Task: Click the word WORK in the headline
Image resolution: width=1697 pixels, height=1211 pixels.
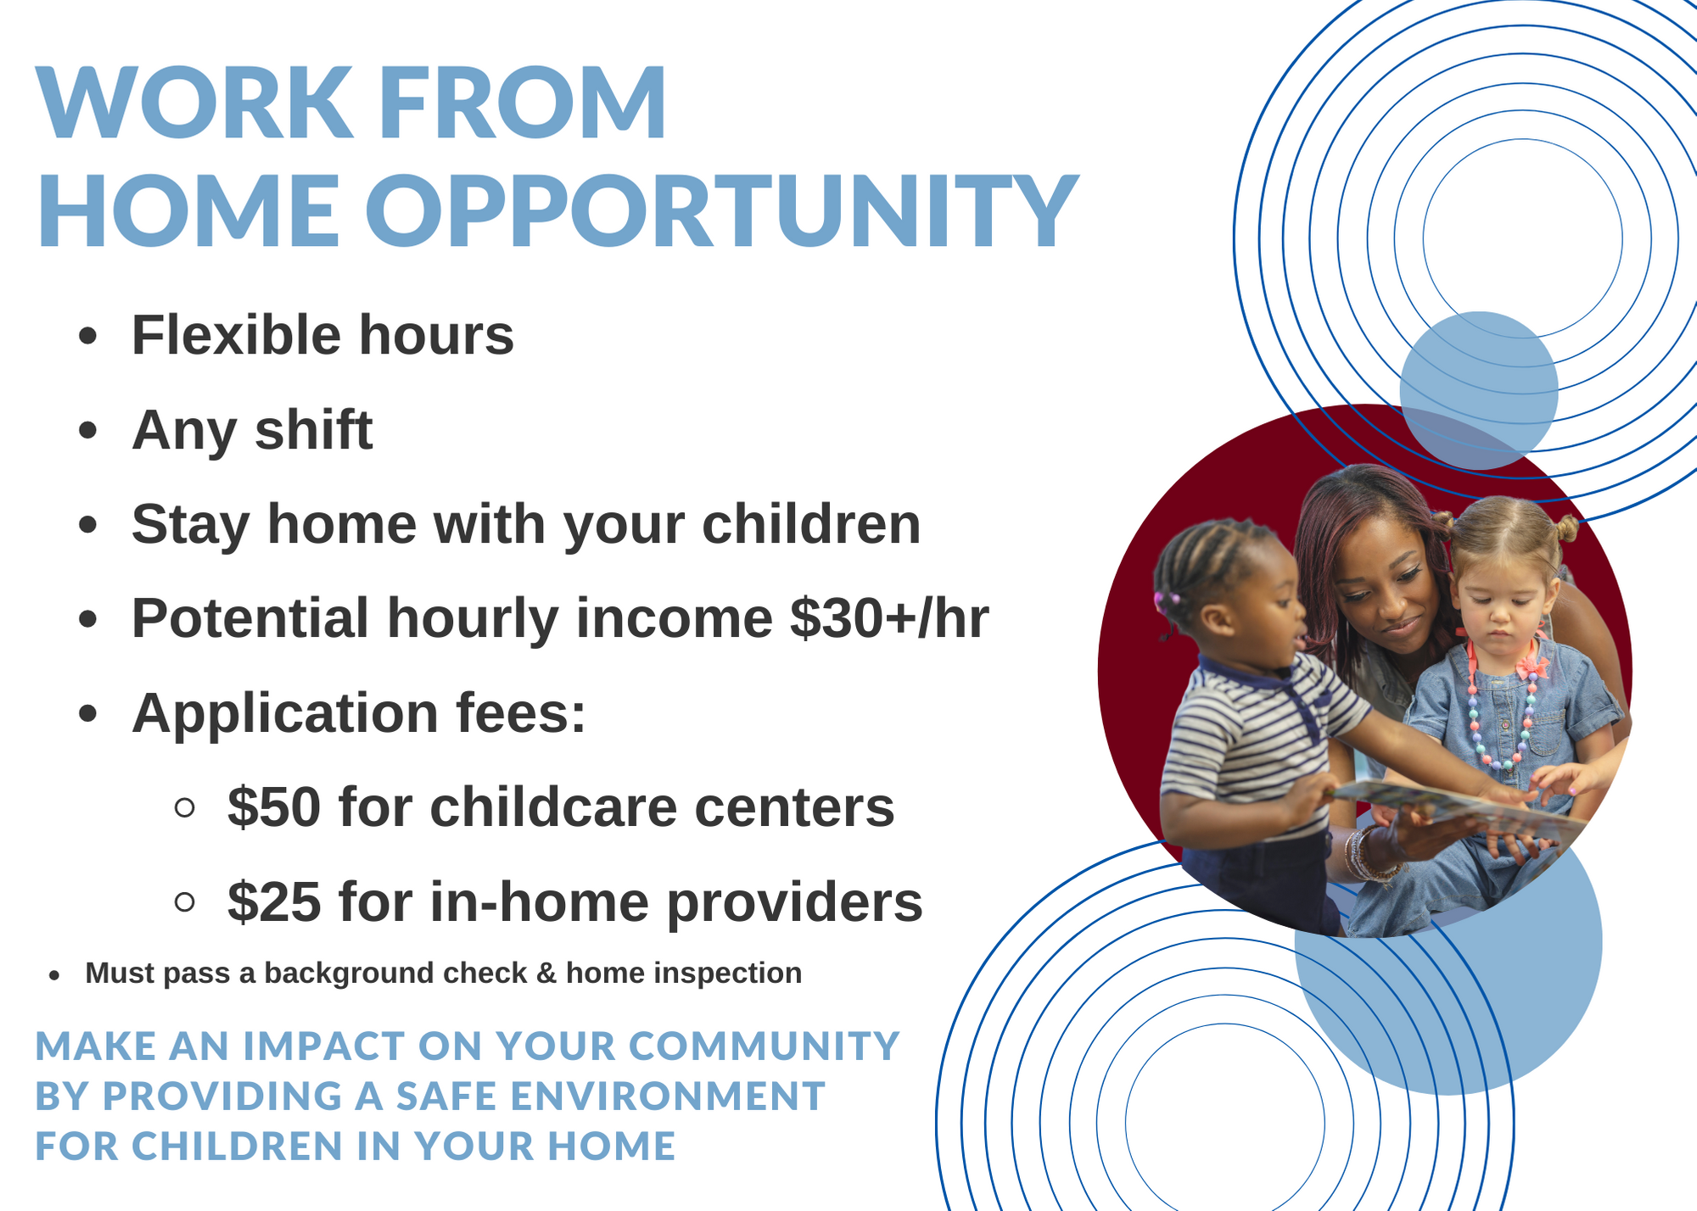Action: click(194, 103)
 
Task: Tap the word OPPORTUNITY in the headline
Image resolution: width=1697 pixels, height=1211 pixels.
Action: click(722, 210)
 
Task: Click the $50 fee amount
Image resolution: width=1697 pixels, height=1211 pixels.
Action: click(274, 806)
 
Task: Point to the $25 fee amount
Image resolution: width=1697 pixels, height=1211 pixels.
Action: click(274, 901)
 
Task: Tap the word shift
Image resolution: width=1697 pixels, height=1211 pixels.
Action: click(313, 429)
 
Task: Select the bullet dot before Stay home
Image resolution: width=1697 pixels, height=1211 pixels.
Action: click(87, 525)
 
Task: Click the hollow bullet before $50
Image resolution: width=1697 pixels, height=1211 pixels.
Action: click(184, 806)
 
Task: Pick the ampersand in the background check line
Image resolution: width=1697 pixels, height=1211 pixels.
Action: click(546, 974)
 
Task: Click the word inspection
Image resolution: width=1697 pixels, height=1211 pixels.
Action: click(726, 974)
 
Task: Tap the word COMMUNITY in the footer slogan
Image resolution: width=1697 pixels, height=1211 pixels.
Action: click(763, 1046)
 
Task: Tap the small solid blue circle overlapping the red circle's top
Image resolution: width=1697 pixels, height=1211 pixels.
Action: click(1478, 391)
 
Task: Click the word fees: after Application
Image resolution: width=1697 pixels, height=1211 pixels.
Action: click(521, 712)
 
